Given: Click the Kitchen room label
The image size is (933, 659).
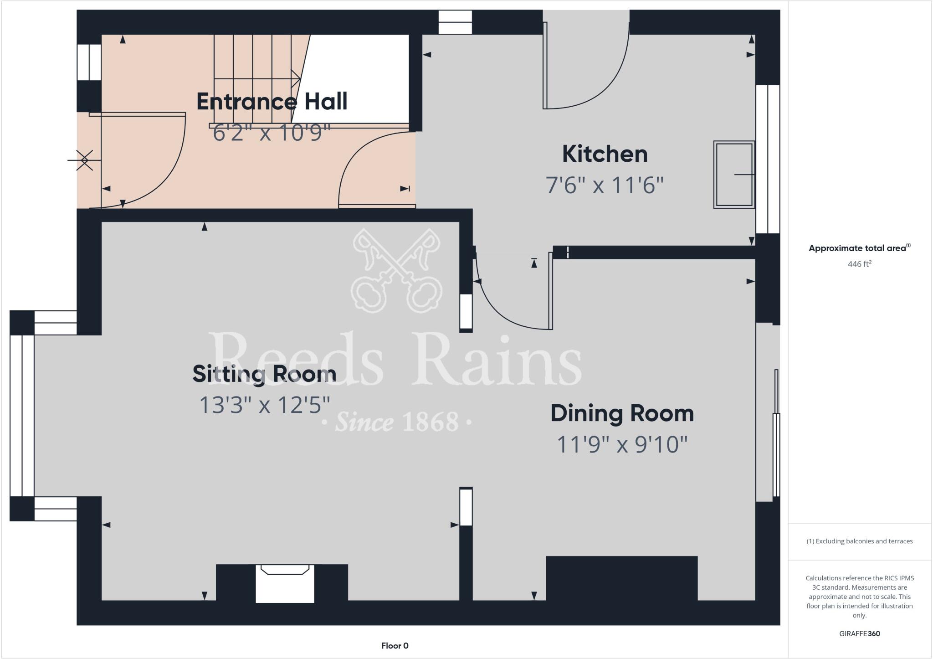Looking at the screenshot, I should click(x=605, y=154).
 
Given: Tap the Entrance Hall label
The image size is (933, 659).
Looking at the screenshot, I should click(x=272, y=101).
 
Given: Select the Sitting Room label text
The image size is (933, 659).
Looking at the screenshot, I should click(x=264, y=374).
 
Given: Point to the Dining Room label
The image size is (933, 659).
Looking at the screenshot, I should click(x=622, y=413).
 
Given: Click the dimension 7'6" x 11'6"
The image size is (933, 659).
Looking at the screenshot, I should click(x=605, y=185).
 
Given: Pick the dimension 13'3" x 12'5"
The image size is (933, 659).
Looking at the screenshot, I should click(x=264, y=405).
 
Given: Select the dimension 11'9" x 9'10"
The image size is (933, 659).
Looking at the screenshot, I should click(x=622, y=444).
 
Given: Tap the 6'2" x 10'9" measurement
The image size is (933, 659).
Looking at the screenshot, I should click(x=272, y=133).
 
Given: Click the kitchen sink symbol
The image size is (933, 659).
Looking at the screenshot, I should click(x=733, y=175).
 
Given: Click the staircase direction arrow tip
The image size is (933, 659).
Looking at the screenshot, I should click(x=299, y=79).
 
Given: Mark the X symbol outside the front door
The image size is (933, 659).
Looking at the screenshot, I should click(x=84, y=160).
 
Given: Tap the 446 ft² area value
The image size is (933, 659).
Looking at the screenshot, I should click(x=859, y=264).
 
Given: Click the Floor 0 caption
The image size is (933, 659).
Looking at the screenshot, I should click(x=395, y=645).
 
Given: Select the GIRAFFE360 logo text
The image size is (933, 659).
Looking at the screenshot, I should click(x=859, y=633).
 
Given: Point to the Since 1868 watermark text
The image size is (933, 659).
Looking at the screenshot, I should click(x=396, y=422).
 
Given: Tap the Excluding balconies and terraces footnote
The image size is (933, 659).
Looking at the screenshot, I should click(x=859, y=541).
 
